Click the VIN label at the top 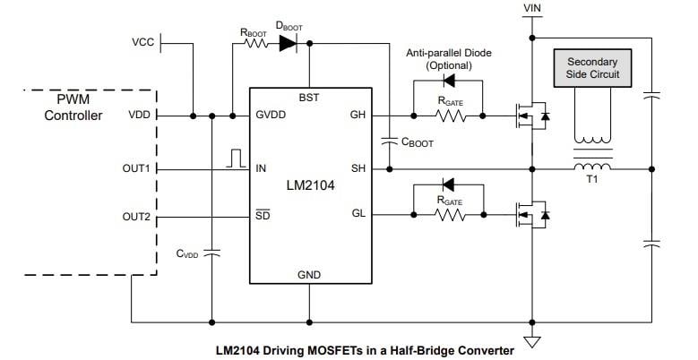coord(531,10)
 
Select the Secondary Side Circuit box coord(592,69)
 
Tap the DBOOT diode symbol coord(289,46)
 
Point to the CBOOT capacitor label coord(418,141)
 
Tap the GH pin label coord(358,116)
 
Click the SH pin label coord(358,167)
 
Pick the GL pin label coord(358,213)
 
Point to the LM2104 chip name coord(310,186)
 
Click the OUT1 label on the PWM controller coord(137,167)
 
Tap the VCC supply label coord(142,43)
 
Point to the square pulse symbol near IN coord(237,158)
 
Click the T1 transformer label coord(591,179)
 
